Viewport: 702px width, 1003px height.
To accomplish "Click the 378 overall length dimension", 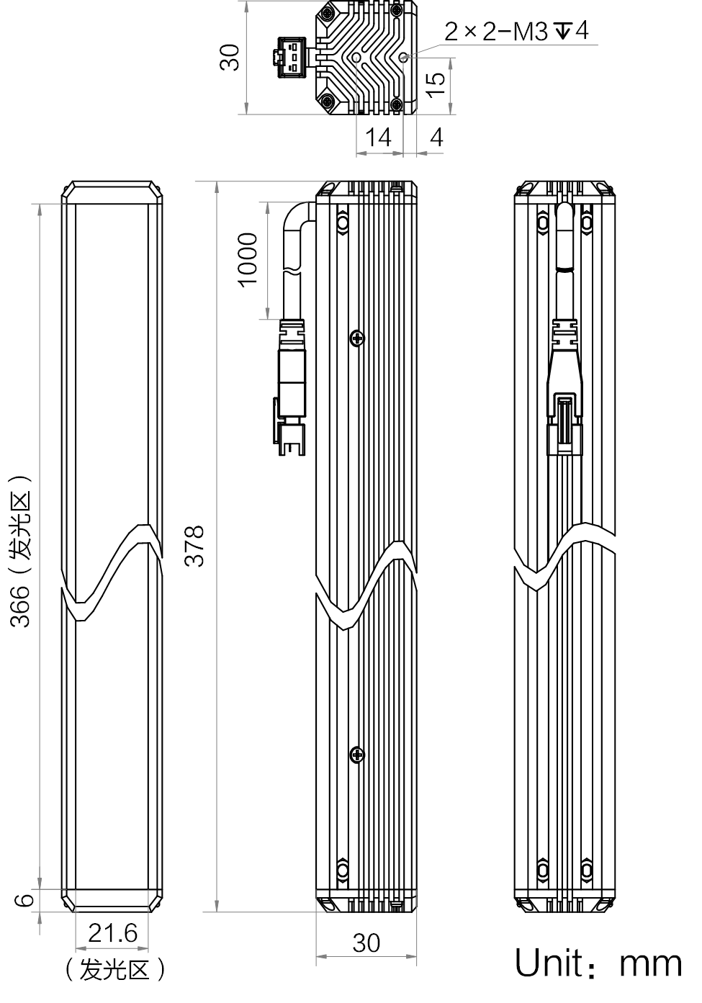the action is [x=194, y=546].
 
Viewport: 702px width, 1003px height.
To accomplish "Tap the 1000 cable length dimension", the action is [x=248, y=260].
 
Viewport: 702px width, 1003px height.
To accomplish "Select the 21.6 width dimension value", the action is [x=112, y=932].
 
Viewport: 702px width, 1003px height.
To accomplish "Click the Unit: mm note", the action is [x=598, y=963].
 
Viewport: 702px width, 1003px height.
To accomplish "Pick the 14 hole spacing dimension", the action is [x=378, y=137].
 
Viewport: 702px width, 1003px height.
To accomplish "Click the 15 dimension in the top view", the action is [x=435, y=85].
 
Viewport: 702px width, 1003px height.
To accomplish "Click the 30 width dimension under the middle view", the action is [x=366, y=943].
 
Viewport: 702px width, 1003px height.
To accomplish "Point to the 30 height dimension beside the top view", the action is [x=230, y=57].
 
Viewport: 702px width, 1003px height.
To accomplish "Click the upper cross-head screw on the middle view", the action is [x=357, y=338].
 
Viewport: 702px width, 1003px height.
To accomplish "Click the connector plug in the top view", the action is [x=288, y=57].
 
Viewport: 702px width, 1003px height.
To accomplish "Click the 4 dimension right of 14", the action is [x=436, y=137].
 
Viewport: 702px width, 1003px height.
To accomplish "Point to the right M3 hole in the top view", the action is [x=403, y=57].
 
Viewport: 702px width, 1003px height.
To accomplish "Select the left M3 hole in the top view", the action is [x=356, y=58].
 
